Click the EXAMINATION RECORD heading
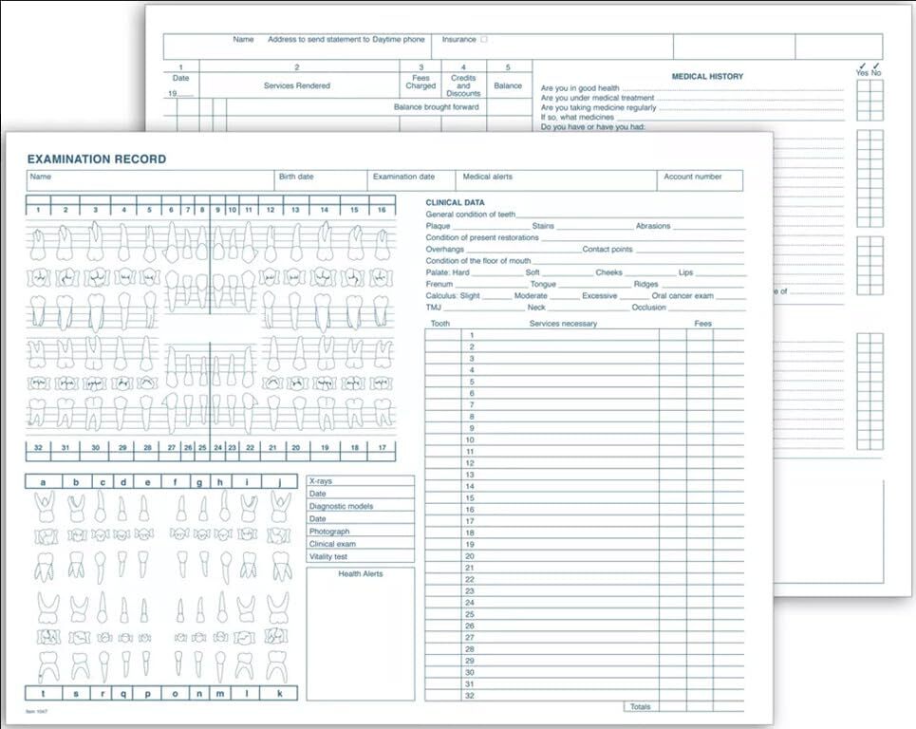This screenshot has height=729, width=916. (x=96, y=159)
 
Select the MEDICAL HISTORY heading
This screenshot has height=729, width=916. (x=707, y=77)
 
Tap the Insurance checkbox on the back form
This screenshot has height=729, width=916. (x=484, y=40)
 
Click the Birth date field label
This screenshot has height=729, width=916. (x=295, y=177)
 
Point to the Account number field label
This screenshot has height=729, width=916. (x=692, y=177)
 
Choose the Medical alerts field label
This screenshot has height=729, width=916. (x=488, y=177)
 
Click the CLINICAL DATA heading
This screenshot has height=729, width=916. (x=455, y=202)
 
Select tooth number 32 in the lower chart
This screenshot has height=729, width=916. (x=38, y=446)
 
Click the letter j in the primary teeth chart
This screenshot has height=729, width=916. (x=280, y=482)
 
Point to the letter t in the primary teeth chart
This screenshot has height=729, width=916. (x=44, y=693)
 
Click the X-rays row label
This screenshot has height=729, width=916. (x=321, y=481)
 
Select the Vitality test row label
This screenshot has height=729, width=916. (x=328, y=556)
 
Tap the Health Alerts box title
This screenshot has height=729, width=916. (x=360, y=574)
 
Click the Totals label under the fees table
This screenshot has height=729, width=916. (x=642, y=706)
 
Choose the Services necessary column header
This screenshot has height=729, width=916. (x=563, y=324)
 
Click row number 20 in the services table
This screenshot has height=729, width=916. (x=470, y=556)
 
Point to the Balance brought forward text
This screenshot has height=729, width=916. (x=437, y=107)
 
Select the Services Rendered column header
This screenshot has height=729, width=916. (x=296, y=85)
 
